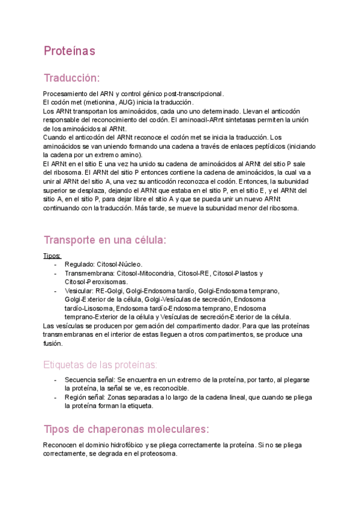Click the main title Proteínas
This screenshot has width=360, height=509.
coord(69,52)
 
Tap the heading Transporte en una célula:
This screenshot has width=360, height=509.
coord(104,240)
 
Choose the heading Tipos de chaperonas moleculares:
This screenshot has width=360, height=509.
coord(126,429)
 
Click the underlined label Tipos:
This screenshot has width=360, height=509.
coord(52,256)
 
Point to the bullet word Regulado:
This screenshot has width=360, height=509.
coord(79,264)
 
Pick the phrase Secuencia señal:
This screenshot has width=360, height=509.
coord(90,380)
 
